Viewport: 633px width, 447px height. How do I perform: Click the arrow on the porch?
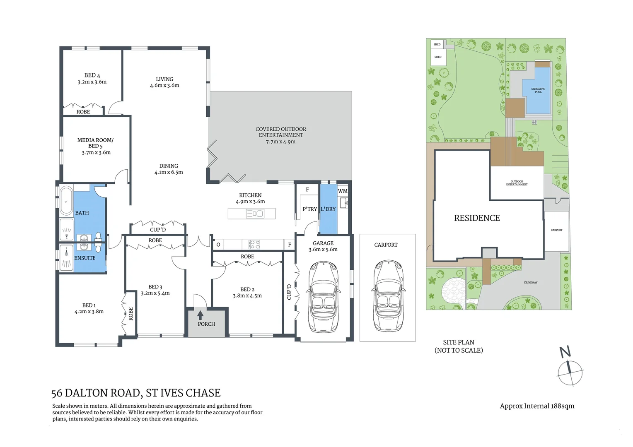200,315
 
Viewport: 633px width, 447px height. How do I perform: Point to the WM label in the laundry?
343,191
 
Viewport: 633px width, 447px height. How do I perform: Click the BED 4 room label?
92,75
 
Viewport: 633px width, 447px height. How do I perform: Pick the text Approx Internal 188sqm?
537,406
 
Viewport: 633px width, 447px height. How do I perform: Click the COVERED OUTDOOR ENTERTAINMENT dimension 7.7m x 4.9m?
280,142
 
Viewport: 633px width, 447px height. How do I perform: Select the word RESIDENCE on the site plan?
477,218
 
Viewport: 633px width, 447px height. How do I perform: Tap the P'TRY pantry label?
309,209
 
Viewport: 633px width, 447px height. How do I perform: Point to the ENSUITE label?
85,258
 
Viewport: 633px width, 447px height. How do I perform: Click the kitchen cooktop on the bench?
254,244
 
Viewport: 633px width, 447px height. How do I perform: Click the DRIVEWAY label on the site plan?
531,282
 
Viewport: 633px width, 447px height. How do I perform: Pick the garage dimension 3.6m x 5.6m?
323,250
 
